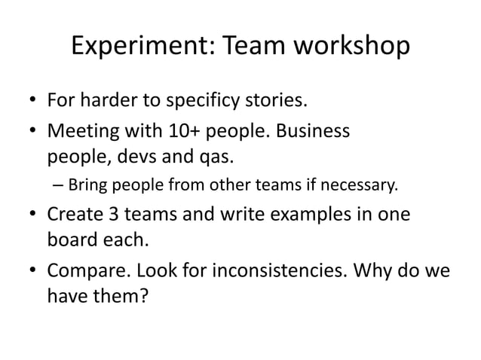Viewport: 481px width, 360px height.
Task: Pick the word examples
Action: pyautogui.click(x=306, y=214)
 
